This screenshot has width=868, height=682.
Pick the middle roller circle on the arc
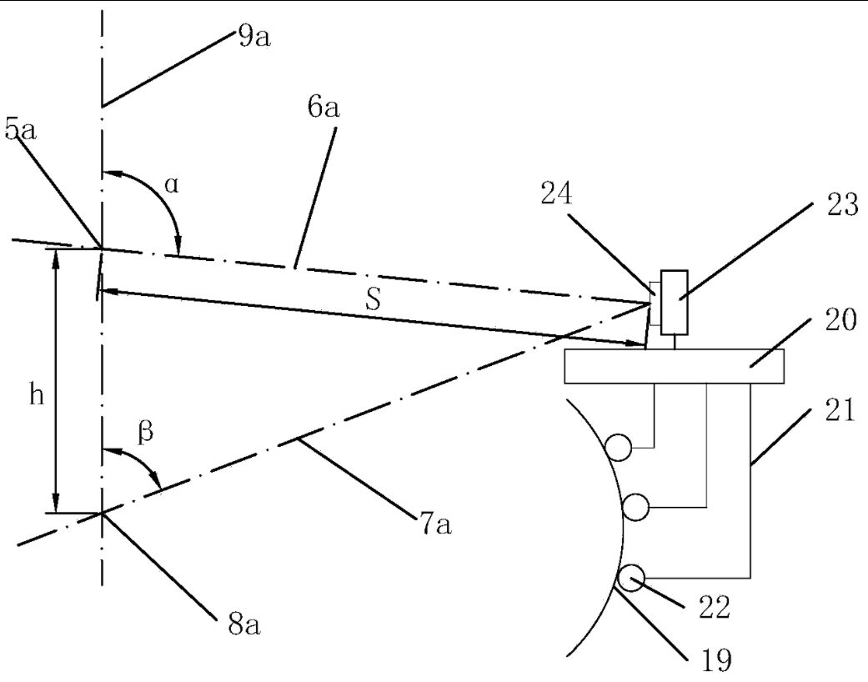tap(635, 506)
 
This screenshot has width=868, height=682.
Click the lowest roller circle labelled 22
tap(632, 576)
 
